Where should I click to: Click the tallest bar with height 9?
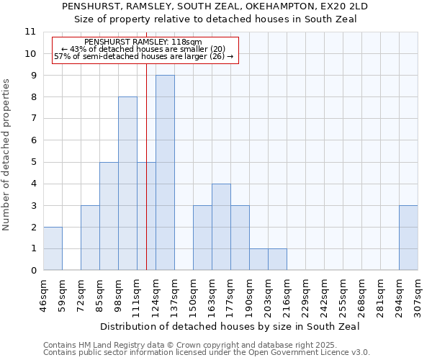pyautogui.click(x=165, y=173)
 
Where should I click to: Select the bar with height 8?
pyautogui.click(x=127, y=184)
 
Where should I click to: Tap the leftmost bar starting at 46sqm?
pyautogui.click(x=53, y=248)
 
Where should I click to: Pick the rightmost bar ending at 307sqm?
pyautogui.click(x=408, y=238)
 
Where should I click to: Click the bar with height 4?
pyautogui.click(x=221, y=227)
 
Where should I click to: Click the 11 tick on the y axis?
pyautogui.click(x=30, y=32)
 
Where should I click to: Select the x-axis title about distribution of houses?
pyautogui.click(x=230, y=326)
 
